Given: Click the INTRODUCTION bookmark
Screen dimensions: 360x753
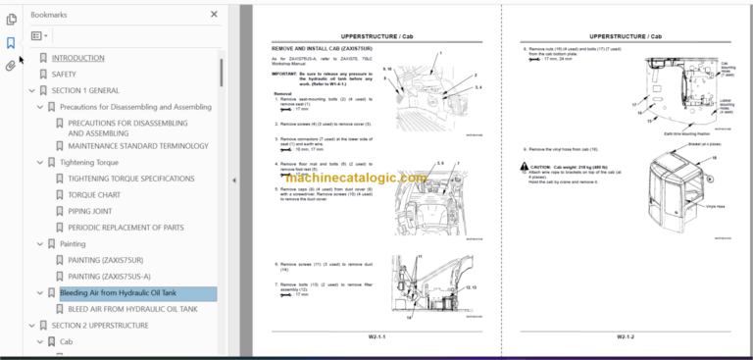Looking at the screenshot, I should point(77,58).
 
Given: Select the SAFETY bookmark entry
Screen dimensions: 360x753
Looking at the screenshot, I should point(63,74).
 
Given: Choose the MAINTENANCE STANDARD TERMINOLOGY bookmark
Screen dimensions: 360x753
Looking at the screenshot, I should point(138,146).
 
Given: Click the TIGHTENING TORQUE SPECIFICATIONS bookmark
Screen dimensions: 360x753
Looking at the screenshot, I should point(130,180).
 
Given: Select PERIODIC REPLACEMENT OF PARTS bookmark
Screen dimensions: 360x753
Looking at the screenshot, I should point(125,228).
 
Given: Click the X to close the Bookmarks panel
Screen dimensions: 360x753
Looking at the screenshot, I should point(215,15).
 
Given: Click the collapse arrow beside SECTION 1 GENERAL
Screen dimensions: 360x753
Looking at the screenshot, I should point(29,90).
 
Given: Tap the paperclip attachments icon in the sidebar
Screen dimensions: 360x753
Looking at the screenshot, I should point(11,66).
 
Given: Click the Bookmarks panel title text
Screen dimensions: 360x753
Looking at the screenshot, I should point(49,15).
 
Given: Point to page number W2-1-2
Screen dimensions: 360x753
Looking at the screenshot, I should point(628,336).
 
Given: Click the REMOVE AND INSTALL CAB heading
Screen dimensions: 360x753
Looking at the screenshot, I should point(326,48).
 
